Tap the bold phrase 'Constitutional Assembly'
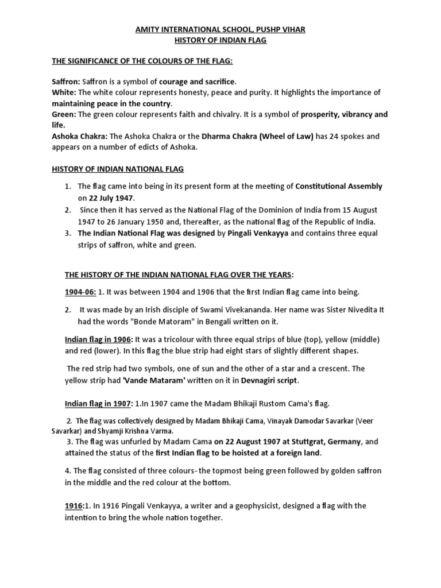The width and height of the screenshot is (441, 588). point(339,186)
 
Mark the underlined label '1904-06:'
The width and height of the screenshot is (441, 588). point(80,292)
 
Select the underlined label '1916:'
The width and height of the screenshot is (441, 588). point(74,506)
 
